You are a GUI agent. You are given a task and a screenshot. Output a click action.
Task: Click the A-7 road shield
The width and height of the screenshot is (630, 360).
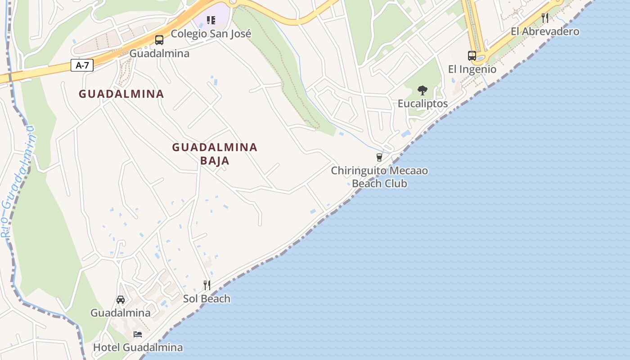click(x=82, y=66)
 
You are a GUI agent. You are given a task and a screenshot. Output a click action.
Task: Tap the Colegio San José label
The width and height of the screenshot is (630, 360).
click(x=211, y=34)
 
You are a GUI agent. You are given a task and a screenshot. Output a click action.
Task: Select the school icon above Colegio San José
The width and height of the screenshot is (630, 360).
click(x=211, y=20)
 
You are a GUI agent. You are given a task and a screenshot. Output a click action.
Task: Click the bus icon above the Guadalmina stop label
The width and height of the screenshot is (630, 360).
click(x=159, y=40)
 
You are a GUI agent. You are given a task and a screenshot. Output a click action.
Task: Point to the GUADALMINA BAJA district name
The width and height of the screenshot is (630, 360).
click(x=215, y=153)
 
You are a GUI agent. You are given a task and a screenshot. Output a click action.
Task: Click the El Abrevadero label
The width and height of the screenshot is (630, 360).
click(x=545, y=31)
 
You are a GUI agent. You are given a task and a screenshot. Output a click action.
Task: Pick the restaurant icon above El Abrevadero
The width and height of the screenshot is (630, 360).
click(x=545, y=18)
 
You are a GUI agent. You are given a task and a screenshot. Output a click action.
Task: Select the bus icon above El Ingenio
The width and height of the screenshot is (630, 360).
click(x=472, y=56)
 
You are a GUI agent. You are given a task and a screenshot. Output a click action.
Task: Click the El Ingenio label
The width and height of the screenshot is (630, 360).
click(x=472, y=69)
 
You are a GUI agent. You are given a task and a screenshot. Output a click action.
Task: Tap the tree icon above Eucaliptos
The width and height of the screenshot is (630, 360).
click(x=422, y=90)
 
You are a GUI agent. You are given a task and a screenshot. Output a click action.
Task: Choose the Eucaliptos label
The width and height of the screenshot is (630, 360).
click(x=423, y=103)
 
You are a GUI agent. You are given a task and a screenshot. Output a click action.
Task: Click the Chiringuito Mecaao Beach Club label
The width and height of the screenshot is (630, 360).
click(x=379, y=177)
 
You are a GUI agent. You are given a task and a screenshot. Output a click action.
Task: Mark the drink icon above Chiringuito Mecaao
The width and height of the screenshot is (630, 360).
click(x=379, y=157)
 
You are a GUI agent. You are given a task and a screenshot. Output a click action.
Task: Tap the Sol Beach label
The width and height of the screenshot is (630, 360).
click(x=207, y=299)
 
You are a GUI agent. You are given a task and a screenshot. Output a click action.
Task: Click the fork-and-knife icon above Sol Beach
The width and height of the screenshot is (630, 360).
click(x=207, y=285)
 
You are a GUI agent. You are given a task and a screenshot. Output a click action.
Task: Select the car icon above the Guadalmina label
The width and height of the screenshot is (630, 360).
click(x=121, y=300)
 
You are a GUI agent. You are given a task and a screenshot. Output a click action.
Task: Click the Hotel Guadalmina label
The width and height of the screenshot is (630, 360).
click(x=138, y=347)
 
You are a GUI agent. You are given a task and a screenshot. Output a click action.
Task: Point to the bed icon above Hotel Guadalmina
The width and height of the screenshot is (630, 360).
click(x=138, y=334)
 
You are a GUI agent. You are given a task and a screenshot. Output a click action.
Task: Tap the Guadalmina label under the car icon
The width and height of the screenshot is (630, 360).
click(x=121, y=313)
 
